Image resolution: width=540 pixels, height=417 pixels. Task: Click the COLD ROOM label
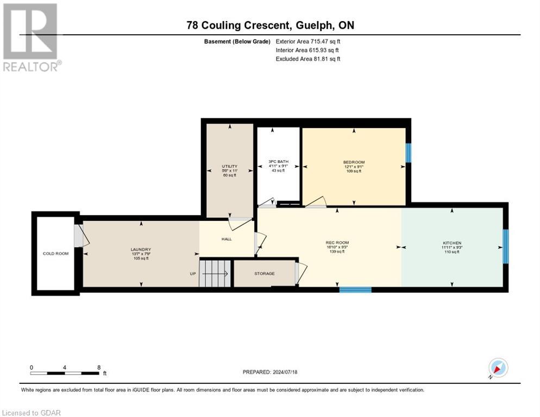(56, 254)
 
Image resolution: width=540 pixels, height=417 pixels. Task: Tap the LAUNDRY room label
(140, 249)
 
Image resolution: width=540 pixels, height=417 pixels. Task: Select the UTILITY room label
(229, 166)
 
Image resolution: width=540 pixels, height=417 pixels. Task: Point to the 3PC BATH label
(278, 162)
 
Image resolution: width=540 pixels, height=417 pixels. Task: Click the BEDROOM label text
(354, 162)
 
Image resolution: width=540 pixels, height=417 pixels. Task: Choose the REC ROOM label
(337, 243)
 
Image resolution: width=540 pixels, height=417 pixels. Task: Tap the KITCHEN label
(451, 243)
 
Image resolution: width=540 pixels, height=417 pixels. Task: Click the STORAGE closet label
(264, 274)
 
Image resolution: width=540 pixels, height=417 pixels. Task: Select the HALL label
(227, 239)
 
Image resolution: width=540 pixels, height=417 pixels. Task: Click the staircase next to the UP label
(215, 273)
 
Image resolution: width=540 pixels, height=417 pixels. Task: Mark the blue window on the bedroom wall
(409, 153)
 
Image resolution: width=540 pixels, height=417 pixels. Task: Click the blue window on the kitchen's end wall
(505, 247)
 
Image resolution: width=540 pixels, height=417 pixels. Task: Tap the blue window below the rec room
(355, 290)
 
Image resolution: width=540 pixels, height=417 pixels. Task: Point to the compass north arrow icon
(498, 368)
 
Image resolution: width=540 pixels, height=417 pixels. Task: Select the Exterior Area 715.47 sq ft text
(308, 41)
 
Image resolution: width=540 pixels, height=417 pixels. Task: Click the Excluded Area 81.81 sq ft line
(308, 59)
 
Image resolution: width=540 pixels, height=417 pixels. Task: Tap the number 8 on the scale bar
(98, 368)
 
